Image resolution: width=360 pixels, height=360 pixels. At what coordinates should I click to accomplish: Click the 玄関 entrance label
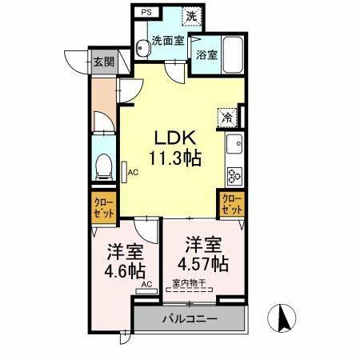102,62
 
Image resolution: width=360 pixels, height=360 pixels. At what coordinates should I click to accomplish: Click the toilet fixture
102,166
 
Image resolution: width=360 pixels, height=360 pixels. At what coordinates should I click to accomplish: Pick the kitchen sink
235,146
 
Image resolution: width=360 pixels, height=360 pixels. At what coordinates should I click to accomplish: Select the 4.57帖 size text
203,263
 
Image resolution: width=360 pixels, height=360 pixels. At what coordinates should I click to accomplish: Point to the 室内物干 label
190,282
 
